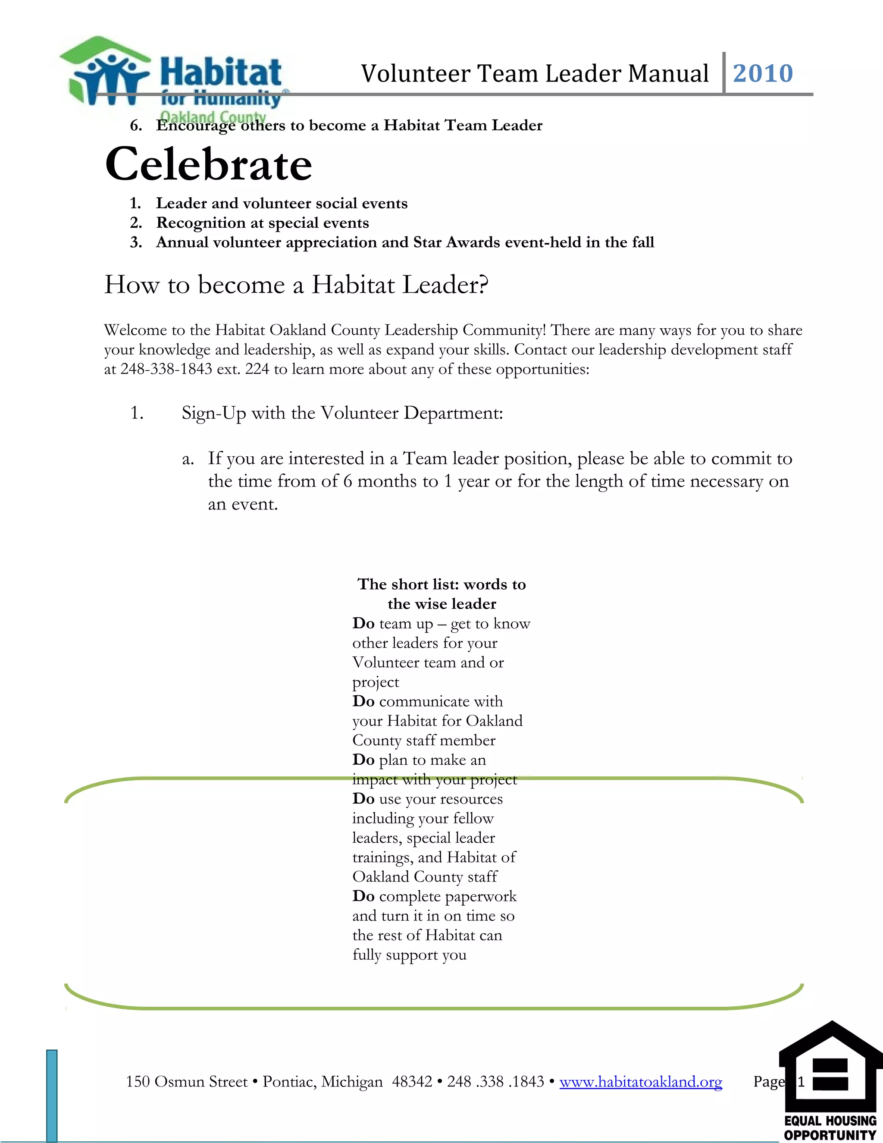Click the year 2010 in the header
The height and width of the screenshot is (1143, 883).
763,73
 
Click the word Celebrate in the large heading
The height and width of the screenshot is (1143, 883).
208,164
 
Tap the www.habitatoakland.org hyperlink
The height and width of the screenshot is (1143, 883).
640,1081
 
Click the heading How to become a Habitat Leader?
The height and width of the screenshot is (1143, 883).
296,285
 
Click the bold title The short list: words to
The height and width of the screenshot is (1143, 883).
441,584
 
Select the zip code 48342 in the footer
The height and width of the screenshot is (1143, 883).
412,1081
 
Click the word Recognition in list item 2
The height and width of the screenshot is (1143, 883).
201,223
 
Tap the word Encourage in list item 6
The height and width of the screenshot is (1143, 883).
195,126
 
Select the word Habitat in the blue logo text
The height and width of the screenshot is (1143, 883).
220,72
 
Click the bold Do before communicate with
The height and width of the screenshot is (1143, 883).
363,701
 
